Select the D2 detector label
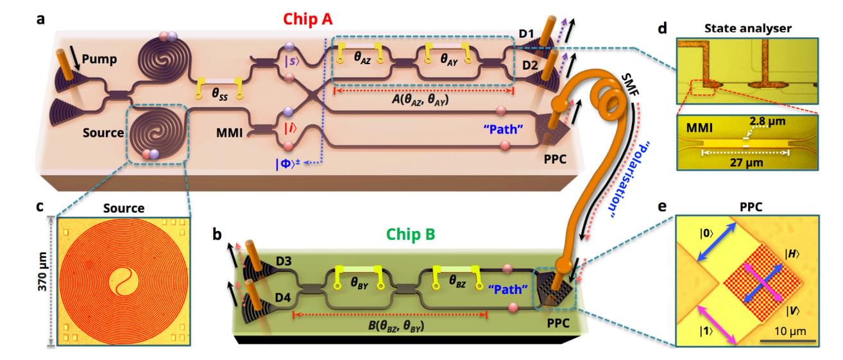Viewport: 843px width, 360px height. tap(527, 64)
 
